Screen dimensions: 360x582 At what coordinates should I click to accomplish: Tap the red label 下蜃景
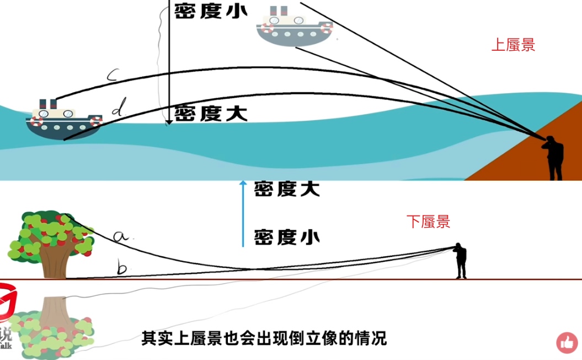tap(428, 222)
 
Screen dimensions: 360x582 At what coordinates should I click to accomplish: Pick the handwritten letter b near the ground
tap(122, 268)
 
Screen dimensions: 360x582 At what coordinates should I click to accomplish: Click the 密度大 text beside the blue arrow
tap(287, 189)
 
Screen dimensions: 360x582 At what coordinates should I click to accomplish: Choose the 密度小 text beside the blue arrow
tap(287, 238)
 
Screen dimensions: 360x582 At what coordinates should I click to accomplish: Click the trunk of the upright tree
tap(56, 261)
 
